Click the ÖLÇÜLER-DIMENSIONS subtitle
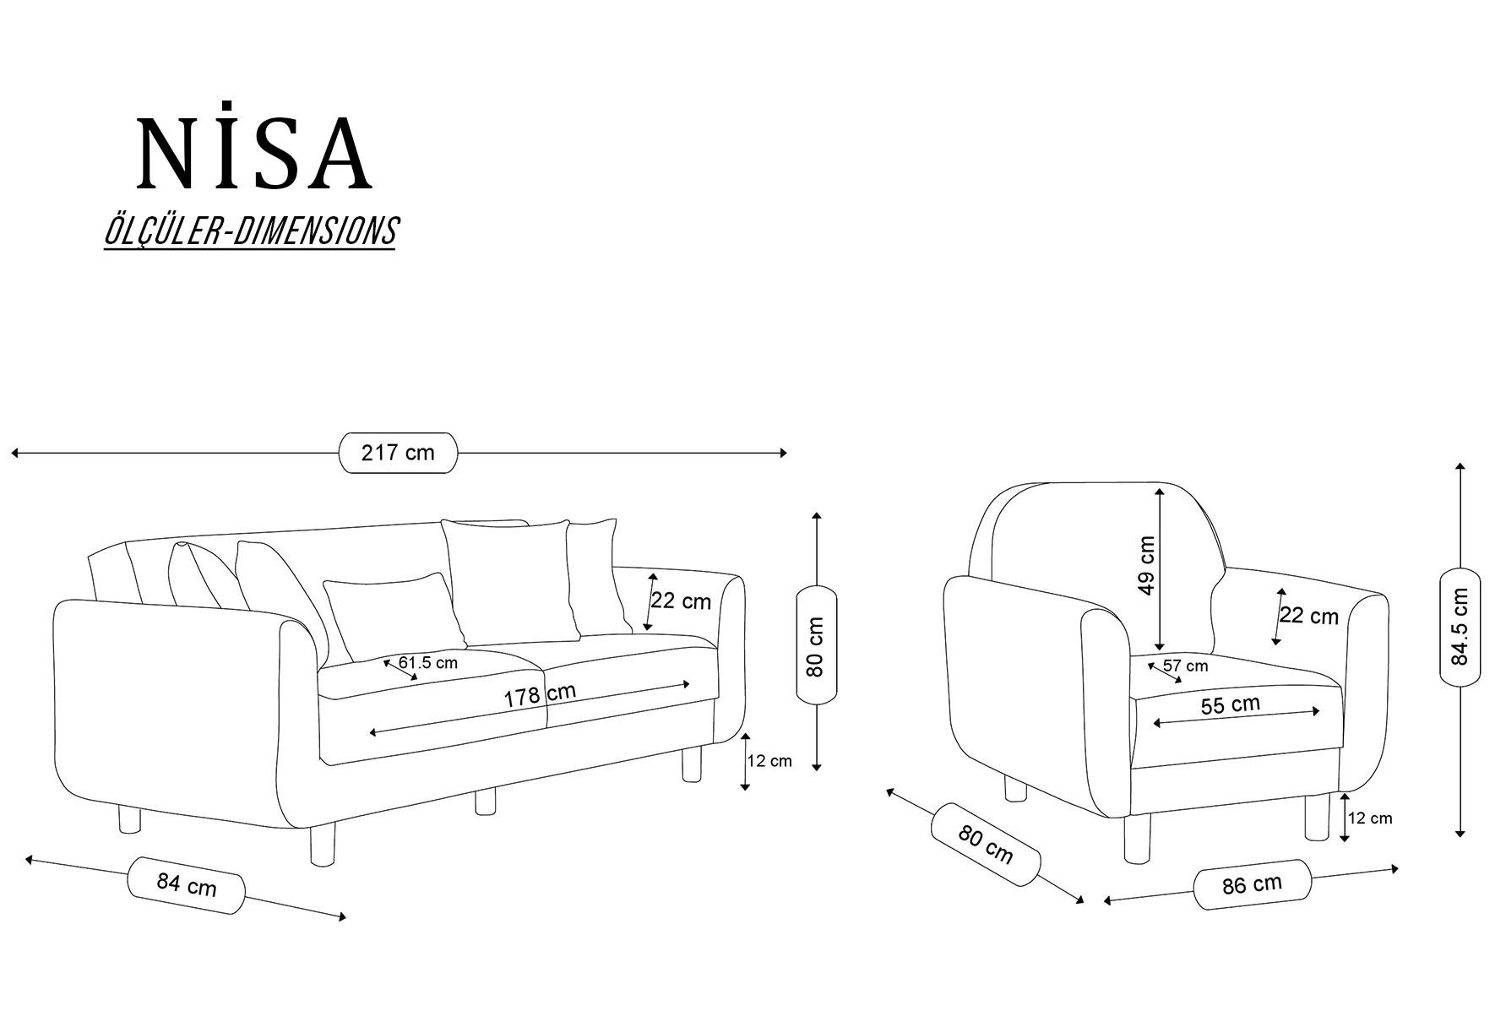click(250, 231)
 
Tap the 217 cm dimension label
click(398, 453)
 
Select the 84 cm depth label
click(187, 884)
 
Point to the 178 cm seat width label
click(541, 694)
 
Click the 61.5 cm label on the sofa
click(428, 663)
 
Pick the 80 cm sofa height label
click(815, 646)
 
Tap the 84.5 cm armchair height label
click(1460, 626)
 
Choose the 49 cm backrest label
click(1146, 565)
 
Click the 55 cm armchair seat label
click(1231, 704)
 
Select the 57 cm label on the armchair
click(1186, 666)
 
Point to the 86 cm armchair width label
click(1252, 884)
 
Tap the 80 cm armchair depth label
click(986, 845)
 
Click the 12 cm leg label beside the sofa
click(769, 760)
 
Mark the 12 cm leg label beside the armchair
click(1370, 818)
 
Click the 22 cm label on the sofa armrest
click(681, 601)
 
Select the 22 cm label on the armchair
click(1309, 616)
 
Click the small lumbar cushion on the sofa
click(394, 617)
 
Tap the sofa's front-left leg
click(322, 845)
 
